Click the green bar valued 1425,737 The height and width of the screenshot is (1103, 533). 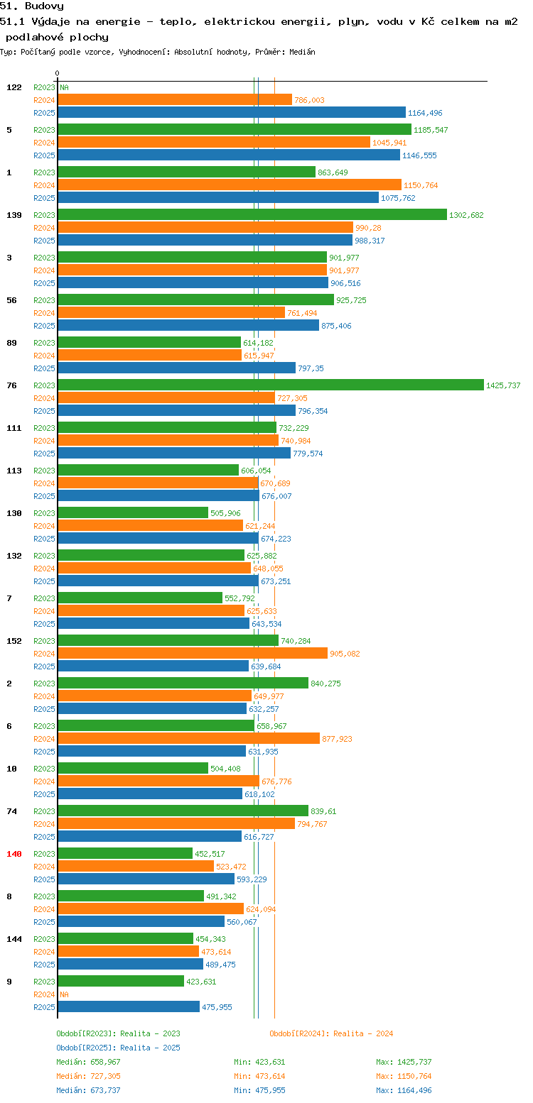pyautogui.click(x=271, y=385)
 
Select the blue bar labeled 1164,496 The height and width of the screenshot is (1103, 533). pyautogui.click(x=232, y=112)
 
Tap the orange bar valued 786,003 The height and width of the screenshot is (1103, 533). pyautogui.click(x=175, y=99)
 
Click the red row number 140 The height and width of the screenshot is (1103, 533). pyautogui.click(x=14, y=854)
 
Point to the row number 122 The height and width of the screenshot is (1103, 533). pyautogui.click(x=14, y=87)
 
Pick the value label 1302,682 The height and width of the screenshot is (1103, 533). pyautogui.click(x=466, y=215)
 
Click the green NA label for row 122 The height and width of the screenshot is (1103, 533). pyautogui.click(x=64, y=87)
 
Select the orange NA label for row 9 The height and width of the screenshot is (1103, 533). pyautogui.click(x=64, y=994)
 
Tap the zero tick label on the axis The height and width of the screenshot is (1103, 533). pyautogui.click(x=57, y=73)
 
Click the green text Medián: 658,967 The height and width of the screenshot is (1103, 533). pyautogui.click(x=88, y=1062)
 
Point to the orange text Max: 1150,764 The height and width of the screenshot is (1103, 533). pyautogui.click(x=404, y=1077)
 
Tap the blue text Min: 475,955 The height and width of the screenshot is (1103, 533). pyautogui.click(x=259, y=1091)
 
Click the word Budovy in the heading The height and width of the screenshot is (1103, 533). pyautogui.click(x=44, y=6)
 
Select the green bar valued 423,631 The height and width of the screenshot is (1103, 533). pyautogui.click(x=121, y=981)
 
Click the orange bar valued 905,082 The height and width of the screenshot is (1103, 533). pyautogui.click(x=193, y=653)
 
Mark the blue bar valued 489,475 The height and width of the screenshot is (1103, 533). pyautogui.click(x=131, y=964)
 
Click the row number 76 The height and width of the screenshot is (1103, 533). pyautogui.click(x=12, y=385)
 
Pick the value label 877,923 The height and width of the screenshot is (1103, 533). pyautogui.click(x=337, y=739)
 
